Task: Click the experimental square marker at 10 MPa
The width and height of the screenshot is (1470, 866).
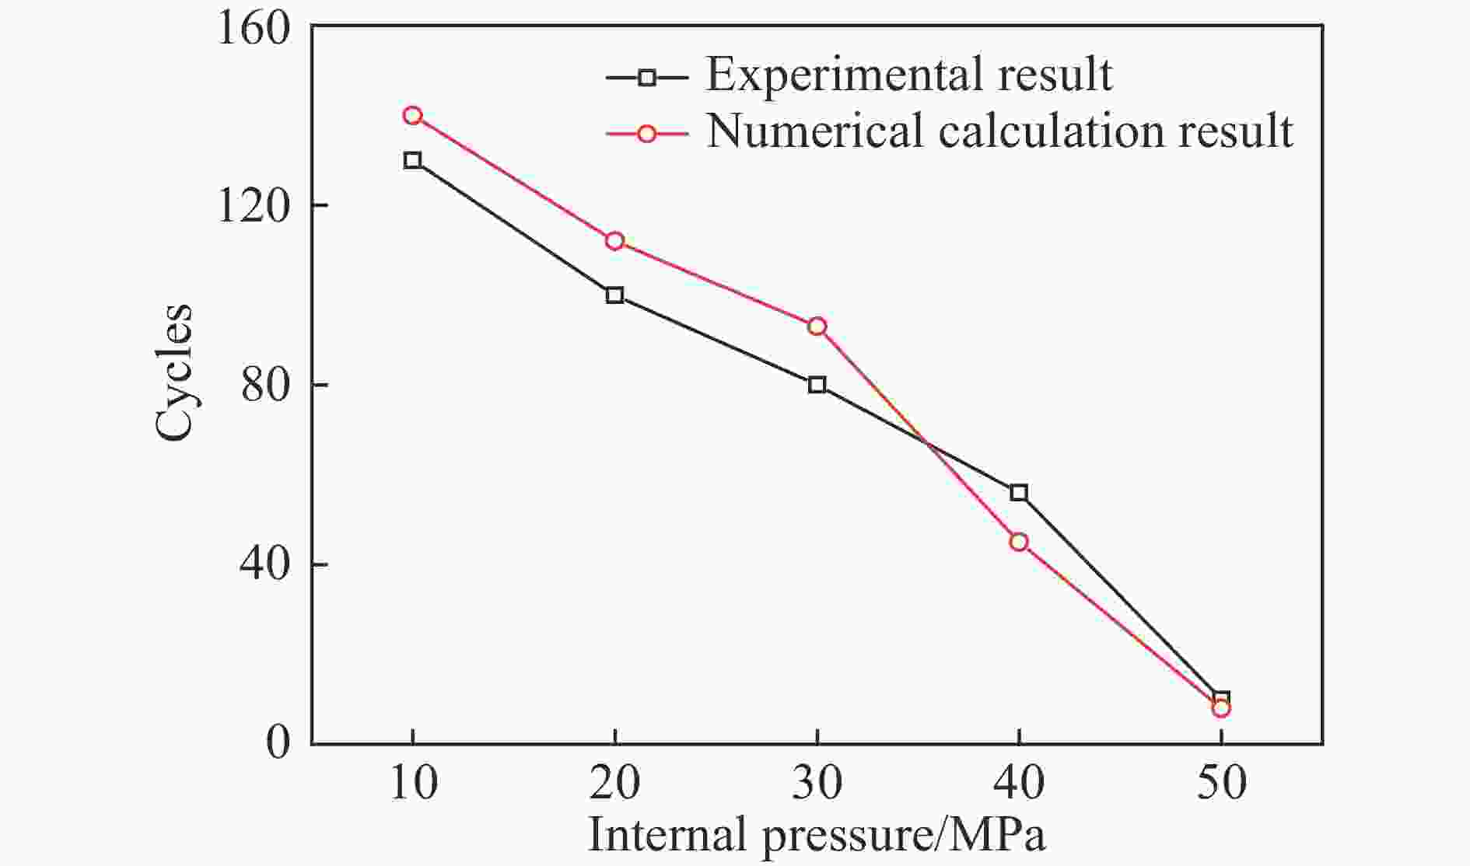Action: pos(412,161)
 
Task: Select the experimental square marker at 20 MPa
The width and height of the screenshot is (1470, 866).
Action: pos(614,295)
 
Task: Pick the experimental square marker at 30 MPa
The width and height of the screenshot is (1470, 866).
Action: pos(817,385)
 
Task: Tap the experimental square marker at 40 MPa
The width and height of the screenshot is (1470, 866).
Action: pos(1019,493)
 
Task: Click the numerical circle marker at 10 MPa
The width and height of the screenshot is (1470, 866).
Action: pos(412,116)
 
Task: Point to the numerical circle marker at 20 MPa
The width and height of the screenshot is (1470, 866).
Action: pos(614,241)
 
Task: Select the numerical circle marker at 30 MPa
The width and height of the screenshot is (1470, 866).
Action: pos(817,326)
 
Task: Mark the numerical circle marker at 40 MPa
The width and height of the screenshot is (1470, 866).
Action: pos(1019,542)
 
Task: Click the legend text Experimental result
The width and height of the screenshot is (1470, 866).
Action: pos(908,75)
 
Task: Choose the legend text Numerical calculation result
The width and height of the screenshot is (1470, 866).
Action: pos(999,131)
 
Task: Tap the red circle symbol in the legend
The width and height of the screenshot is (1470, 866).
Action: pos(646,134)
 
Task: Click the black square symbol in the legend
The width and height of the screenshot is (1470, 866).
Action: pos(646,78)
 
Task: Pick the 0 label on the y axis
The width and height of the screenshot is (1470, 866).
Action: pos(278,744)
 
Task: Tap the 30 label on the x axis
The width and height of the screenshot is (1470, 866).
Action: pos(817,784)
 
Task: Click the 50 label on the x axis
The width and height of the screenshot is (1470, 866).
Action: pos(1221,784)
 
